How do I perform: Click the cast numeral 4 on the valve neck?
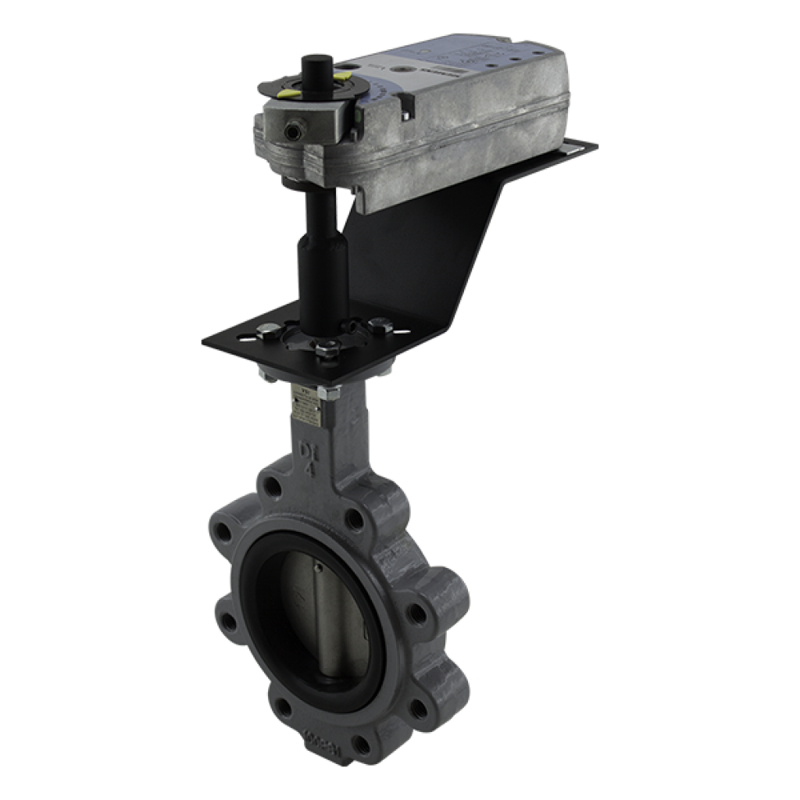pos(308,469)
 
